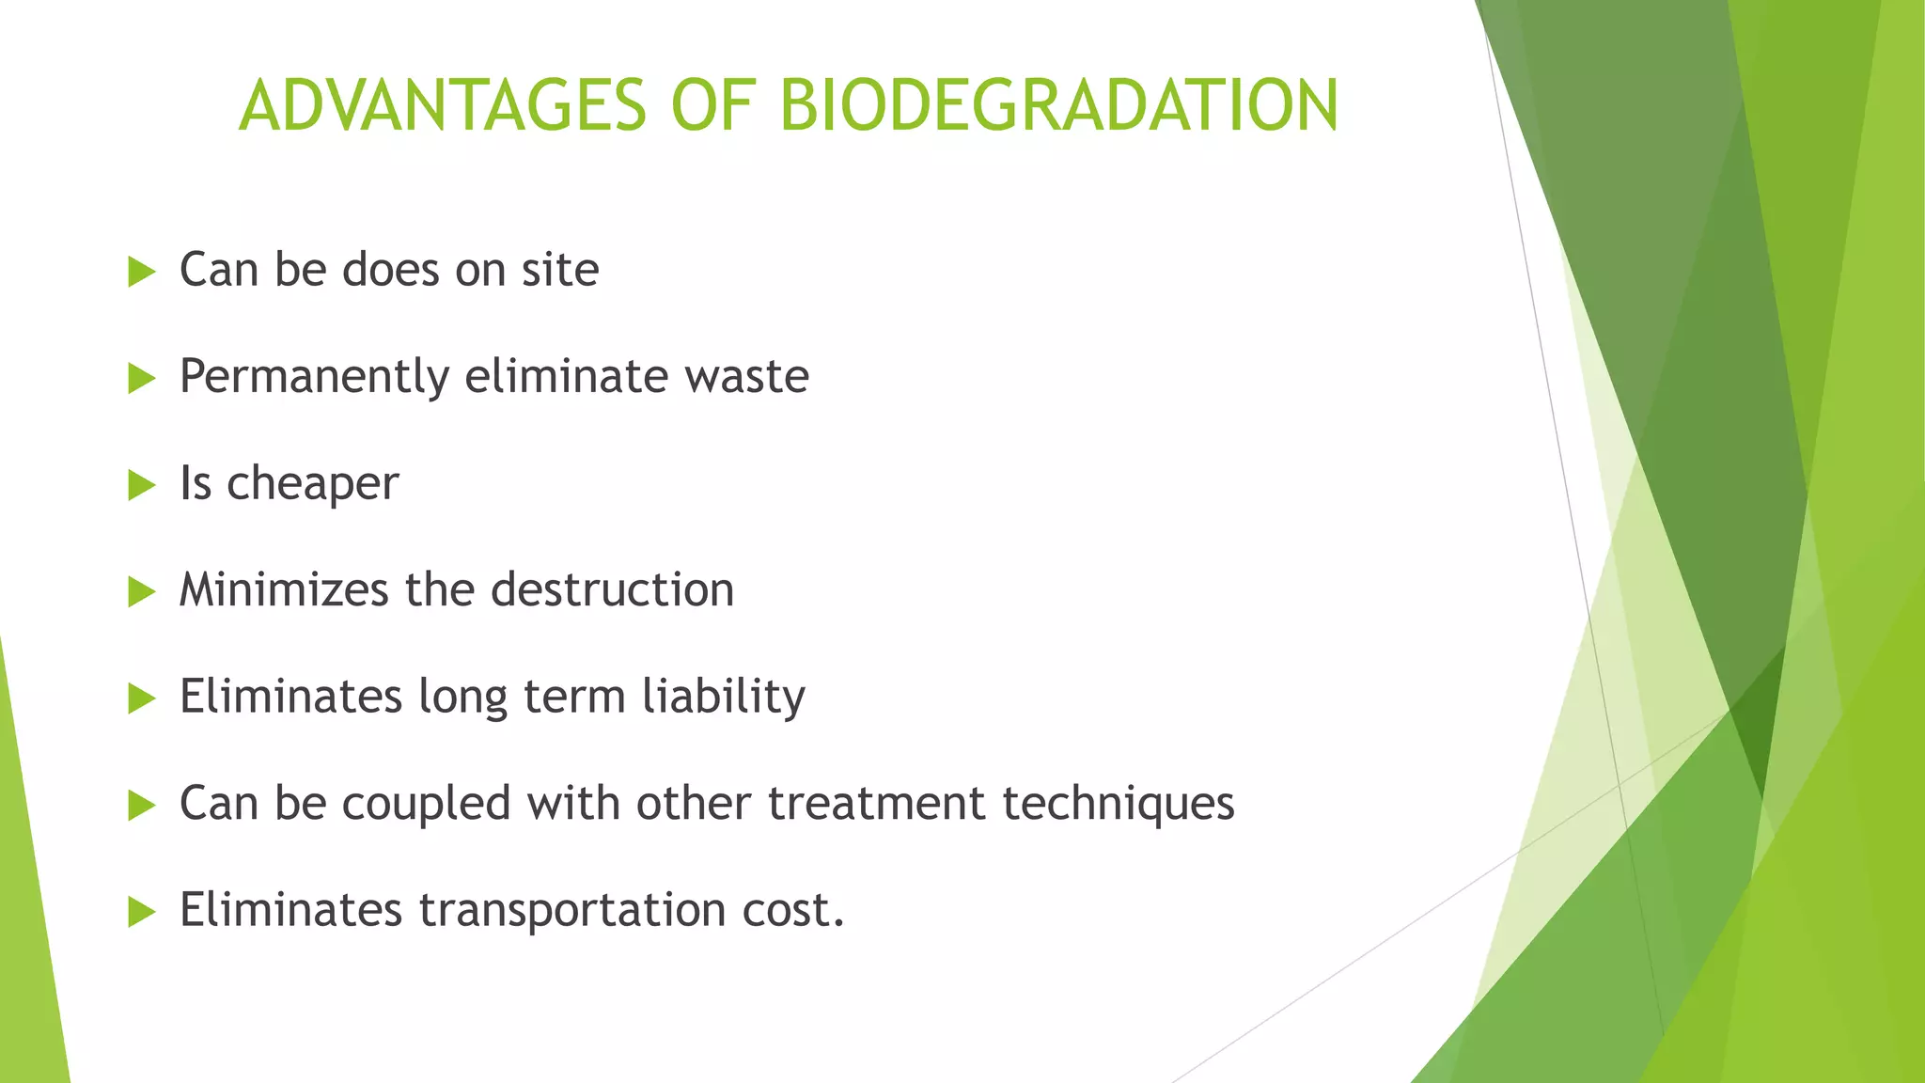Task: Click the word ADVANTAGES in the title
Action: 443,105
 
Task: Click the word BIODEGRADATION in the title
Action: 1058,105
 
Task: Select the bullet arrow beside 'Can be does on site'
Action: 141,272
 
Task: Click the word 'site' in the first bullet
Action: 560,271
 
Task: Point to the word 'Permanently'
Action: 314,378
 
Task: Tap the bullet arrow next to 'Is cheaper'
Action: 141,485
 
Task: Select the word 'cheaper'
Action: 312,485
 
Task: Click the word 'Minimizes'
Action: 283,590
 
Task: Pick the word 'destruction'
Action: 612,590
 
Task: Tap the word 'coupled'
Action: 426,805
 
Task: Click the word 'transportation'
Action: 571,911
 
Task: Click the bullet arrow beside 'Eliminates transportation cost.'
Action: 141,911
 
